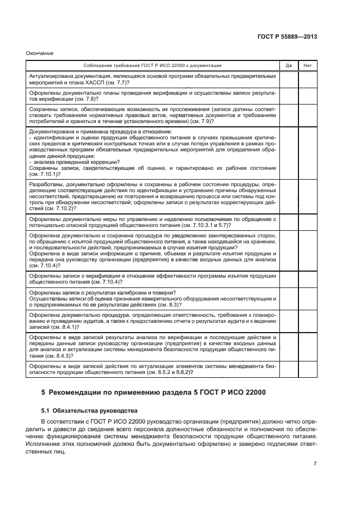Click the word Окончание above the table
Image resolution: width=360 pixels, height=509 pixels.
40,53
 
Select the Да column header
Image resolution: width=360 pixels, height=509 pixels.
288,65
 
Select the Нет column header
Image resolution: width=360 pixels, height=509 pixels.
307,65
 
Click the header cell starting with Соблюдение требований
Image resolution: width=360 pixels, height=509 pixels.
152,65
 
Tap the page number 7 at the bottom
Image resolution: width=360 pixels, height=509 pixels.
315,463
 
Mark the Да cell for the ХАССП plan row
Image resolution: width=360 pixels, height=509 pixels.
288,79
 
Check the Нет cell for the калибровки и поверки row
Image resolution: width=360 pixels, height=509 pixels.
307,299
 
